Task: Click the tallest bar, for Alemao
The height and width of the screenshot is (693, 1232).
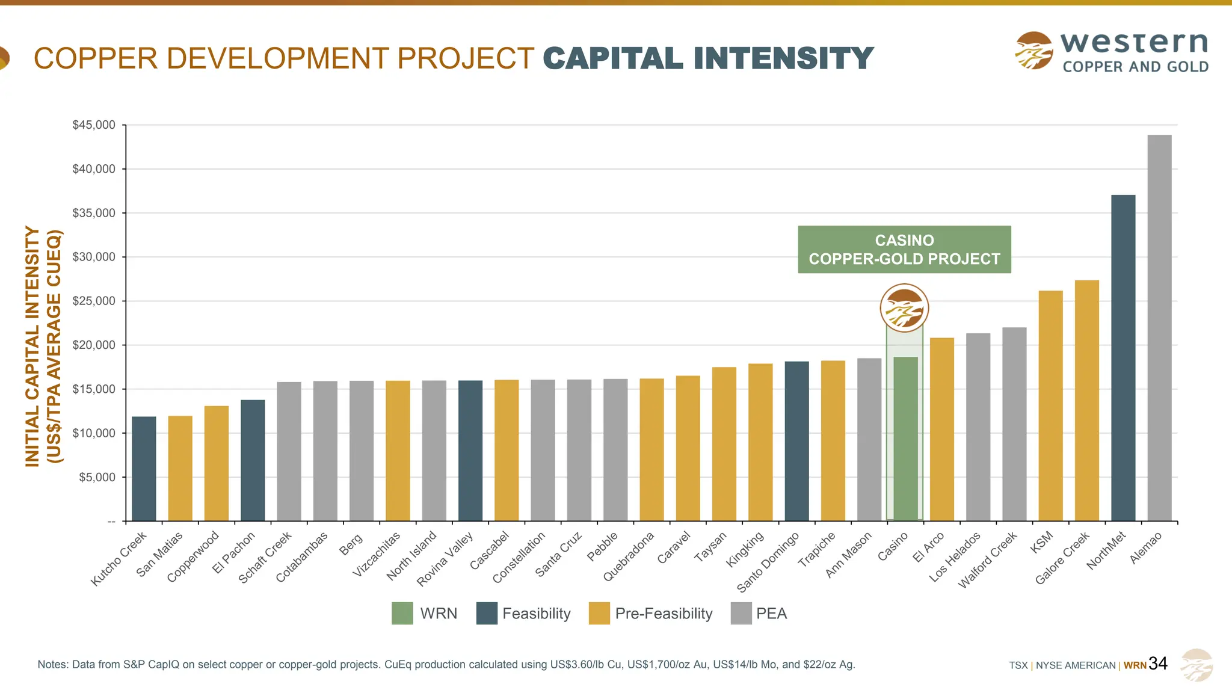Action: coord(1159,328)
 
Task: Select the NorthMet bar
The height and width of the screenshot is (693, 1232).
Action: coord(1123,358)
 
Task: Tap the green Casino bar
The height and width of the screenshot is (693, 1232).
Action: coord(905,439)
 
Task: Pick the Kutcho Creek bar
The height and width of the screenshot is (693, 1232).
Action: coord(144,469)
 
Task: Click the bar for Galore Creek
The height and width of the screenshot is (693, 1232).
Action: coord(1086,401)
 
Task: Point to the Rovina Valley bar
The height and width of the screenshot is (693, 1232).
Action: coord(470,451)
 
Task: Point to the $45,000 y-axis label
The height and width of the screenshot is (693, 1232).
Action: coord(94,125)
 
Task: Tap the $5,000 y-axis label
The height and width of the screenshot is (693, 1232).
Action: coord(97,477)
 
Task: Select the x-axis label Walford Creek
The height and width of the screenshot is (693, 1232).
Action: coord(987,560)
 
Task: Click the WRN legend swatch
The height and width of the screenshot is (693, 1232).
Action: coord(402,613)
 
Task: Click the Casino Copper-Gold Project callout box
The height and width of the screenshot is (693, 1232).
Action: coord(904,250)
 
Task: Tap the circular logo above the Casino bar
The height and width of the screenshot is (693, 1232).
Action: coord(904,308)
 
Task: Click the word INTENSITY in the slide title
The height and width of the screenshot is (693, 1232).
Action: coord(783,59)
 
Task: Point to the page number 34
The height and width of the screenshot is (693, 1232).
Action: coord(1157,664)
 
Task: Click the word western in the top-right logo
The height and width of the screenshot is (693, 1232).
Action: coord(1133,42)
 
